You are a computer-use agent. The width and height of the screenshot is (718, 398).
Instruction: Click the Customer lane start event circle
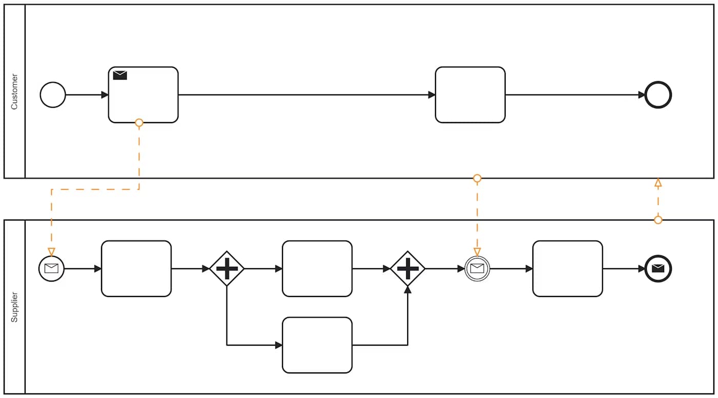[x=53, y=95]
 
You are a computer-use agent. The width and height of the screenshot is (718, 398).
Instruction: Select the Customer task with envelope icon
[x=143, y=97]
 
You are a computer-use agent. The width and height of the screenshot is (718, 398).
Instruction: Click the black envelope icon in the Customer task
[x=120, y=75]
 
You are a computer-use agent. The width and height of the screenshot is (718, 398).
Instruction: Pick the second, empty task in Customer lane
[x=470, y=95]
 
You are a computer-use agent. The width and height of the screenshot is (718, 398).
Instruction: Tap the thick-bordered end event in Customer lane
[x=658, y=95]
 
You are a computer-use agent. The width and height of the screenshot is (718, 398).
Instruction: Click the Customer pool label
[x=14, y=91]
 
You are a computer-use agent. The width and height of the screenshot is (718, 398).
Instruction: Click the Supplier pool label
[x=14, y=307]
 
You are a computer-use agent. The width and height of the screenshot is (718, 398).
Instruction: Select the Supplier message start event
[x=51, y=268]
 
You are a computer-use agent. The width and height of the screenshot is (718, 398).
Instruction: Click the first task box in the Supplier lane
[x=136, y=268]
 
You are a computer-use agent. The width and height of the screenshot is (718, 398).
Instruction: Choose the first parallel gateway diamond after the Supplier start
[x=227, y=268]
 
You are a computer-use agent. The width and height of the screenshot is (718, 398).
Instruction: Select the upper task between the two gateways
[x=317, y=268]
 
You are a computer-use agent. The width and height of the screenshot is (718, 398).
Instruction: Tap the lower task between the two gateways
[x=317, y=345]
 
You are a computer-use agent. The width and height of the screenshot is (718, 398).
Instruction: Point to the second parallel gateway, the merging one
[x=408, y=268]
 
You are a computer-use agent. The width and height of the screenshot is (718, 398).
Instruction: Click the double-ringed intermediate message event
[x=477, y=268]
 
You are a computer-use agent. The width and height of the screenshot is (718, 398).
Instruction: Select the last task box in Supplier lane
[x=567, y=268]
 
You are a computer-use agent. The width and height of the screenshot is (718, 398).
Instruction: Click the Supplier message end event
[x=658, y=268]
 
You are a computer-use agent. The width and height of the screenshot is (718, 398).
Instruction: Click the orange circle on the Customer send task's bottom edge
[x=139, y=123]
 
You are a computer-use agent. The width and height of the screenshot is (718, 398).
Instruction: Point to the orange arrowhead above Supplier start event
[x=51, y=251]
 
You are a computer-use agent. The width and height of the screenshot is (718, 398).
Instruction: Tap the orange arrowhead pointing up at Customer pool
[x=658, y=182]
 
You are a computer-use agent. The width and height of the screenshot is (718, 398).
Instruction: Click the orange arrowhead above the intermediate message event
[x=477, y=251]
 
